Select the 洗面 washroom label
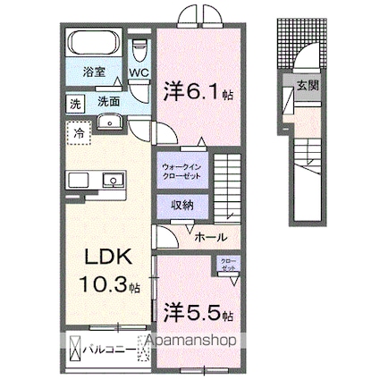click(x=110, y=101)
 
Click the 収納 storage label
click(x=185, y=205)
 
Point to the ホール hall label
click(x=208, y=237)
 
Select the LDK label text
click(x=109, y=258)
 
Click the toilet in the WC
click(x=139, y=48)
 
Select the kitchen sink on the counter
click(x=114, y=177)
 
